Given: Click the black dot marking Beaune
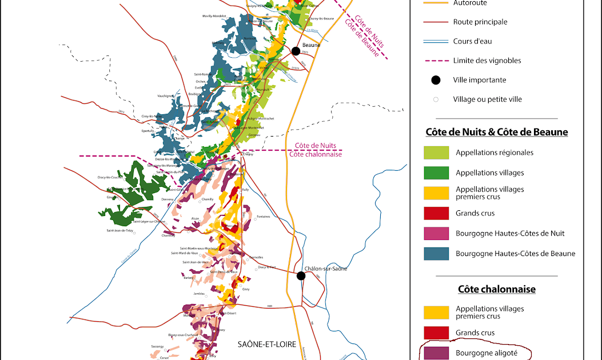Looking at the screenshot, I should pyautogui.click(x=296, y=51).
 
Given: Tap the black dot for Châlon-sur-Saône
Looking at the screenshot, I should pyautogui.click(x=301, y=276).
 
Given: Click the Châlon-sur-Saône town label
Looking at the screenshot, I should pyautogui.click(x=326, y=269).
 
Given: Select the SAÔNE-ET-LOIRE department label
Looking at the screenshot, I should pyautogui.click(x=263, y=344).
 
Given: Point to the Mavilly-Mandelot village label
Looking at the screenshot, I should pyautogui.click(x=215, y=16).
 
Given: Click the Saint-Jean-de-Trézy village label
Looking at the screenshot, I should pyautogui.click(x=119, y=230).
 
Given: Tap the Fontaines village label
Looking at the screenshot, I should pyautogui.click(x=264, y=217).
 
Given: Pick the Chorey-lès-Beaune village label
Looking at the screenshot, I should pyautogui.click(x=321, y=19).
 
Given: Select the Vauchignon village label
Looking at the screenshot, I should pyautogui.click(x=166, y=95).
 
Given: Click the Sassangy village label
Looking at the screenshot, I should pyautogui.click(x=157, y=346).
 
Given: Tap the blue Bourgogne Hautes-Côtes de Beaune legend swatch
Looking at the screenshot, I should pyautogui.click(x=436, y=253).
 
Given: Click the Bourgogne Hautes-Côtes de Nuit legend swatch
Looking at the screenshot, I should pyautogui.click(x=436, y=233).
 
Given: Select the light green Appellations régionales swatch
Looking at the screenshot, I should pyautogui.click(x=436, y=153).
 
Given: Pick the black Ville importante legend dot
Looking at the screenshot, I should pyautogui.click(x=436, y=80).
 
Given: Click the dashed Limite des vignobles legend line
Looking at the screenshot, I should pyautogui.click(x=436, y=61).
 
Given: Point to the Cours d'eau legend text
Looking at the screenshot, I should pyautogui.click(x=472, y=41).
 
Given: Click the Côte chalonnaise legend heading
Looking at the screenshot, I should pyautogui.click(x=497, y=289).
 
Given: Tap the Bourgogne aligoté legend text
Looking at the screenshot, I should pyautogui.click(x=484, y=353).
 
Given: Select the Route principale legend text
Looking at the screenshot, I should pyautogui.click(x=480, y=22).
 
